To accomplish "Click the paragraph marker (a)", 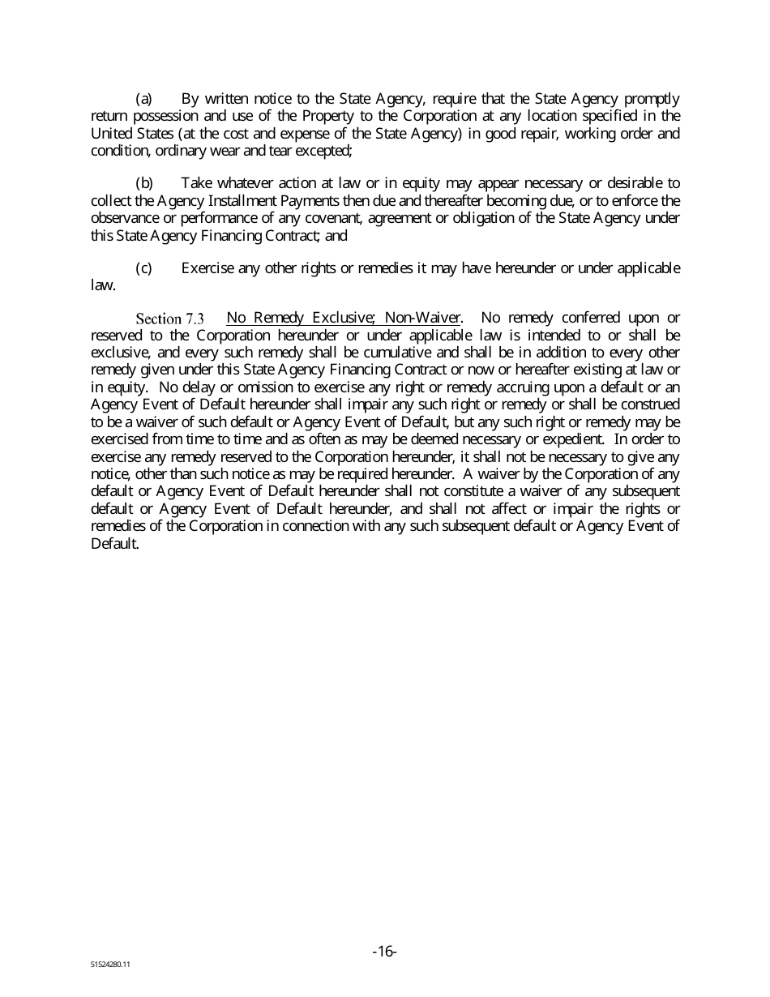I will (x=143, y=99).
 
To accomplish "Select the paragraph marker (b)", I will (x=143, y=183).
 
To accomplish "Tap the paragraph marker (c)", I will (x=143, y=267).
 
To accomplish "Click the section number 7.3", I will (x=195, y=319).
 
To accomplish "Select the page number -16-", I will (x=384, y=951).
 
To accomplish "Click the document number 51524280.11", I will (x=110, y=966).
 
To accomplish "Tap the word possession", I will (x=156, y=116).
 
